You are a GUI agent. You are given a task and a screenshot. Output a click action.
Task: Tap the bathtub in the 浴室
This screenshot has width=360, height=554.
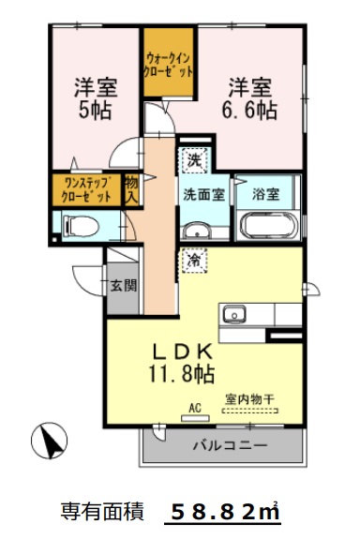tap(268, 226)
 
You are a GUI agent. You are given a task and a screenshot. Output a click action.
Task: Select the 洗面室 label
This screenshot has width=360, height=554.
tap(202, 195)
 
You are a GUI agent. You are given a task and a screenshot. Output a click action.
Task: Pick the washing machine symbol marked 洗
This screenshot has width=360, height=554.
tap(194, 161)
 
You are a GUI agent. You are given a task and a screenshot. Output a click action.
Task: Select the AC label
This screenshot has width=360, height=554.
tap(195, 407)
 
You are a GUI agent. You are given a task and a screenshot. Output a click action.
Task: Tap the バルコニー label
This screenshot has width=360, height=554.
tap(228, 445)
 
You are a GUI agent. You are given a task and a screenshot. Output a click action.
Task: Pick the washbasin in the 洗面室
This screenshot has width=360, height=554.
tap(197, 231)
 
